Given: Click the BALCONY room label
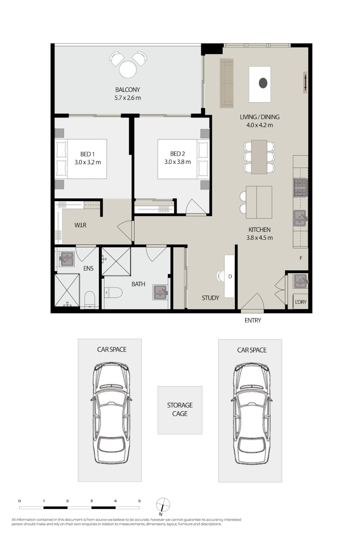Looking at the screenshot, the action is click(127, 90).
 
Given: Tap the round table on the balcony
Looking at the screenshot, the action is click(127, 69).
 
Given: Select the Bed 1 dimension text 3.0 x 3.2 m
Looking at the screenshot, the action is click(88, 162).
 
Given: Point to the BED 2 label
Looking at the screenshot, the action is click(177, 153).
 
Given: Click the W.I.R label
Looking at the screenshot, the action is click(80, 225).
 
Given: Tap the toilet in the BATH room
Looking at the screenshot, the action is click(113, 292).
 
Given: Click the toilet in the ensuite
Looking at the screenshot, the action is click(90, 299).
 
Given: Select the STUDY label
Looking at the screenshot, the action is click(210, 298).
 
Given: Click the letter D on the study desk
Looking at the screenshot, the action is click(230, 276).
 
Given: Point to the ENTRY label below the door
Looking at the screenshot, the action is click(253, 320).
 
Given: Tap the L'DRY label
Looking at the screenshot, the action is click(301, 302).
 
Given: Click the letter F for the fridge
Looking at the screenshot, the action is click(301, 258).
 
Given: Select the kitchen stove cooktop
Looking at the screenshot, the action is click(300, 188).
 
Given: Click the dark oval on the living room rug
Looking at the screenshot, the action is click(263, 83).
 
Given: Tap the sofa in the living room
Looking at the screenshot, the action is click(227, 83).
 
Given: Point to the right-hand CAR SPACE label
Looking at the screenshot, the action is click(252, 350).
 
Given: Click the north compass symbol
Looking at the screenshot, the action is click(163, 504).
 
